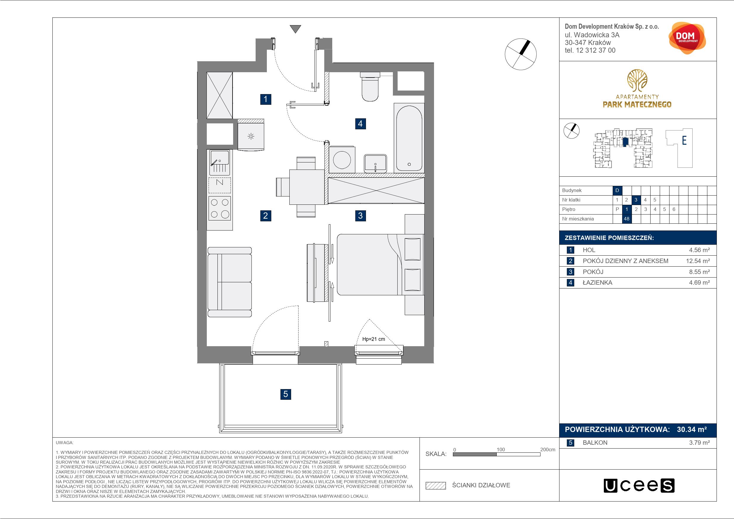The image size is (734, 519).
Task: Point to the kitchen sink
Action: [220, 162]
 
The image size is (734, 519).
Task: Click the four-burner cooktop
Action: [220, 208]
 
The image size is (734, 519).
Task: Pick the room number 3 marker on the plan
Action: [360, 215]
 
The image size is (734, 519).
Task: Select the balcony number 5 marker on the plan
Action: [285, 394]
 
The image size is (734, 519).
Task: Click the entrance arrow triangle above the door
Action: [295, 29]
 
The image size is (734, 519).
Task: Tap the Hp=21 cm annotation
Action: [373, 339]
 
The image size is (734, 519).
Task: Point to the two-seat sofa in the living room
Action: [230, 282]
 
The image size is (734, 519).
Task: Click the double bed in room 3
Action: [380, 265]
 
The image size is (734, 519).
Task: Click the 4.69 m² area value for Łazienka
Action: [699, 283]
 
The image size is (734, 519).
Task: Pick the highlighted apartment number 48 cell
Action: [626, 219]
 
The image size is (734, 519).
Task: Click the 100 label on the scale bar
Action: [501, 449]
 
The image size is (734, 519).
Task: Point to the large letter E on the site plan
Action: [684, 140]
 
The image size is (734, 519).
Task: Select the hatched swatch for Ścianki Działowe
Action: [436, 486]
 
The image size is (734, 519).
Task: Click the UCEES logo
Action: [639, 486]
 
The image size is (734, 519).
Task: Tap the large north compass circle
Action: [520, 54]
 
